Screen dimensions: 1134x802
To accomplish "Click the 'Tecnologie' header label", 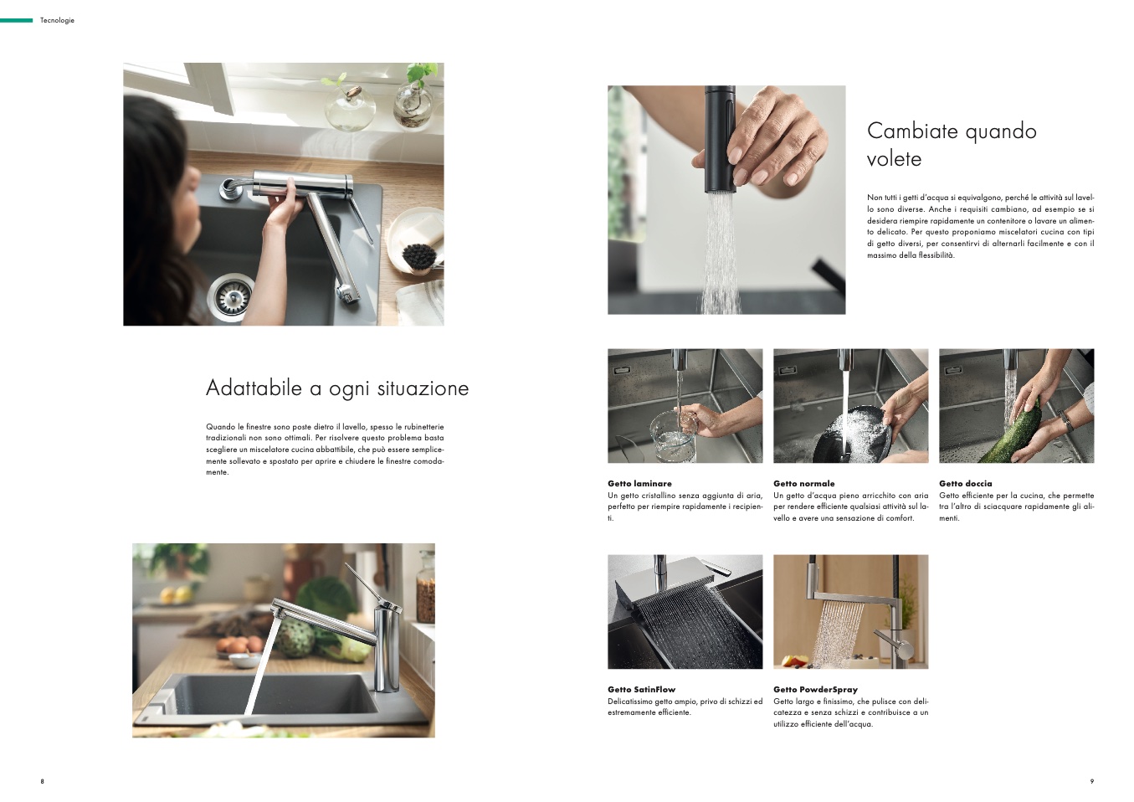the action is tap(57, 20).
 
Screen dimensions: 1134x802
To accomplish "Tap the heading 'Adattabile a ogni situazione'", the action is tap(337, 388).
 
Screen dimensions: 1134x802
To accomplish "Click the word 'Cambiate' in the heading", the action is tap(911, 131).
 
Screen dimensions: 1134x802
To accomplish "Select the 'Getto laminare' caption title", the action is tap(639, 484).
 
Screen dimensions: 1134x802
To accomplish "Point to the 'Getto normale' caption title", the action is tap(804, 484).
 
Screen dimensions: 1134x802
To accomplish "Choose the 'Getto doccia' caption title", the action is tap(966, 484).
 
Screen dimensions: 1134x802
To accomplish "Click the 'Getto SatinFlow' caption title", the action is tap(641, 690).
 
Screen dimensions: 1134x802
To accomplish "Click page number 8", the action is tap(43, 781).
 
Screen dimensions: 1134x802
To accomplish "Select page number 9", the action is tap(1091, 781).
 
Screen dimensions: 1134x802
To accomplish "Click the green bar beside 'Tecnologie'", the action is tap(16, 20).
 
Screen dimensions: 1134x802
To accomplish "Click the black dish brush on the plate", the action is tap(419, 256).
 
